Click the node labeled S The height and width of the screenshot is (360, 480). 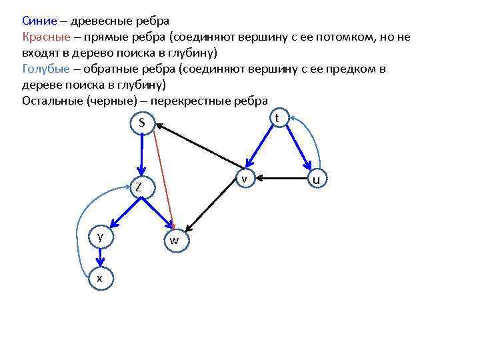[x=142, y=123]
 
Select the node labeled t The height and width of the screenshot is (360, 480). [x=276, y=117]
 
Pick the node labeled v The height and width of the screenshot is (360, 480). [x=245, y=179]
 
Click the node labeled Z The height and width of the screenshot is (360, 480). [x=139, y=187]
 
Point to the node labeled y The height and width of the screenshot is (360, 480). [x=100, y=237]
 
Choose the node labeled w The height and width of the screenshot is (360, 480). [x=174, y=240]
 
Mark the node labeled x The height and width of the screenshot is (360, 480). [x=100, y=278]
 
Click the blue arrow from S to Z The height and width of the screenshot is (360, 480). [x=141, y=155]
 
